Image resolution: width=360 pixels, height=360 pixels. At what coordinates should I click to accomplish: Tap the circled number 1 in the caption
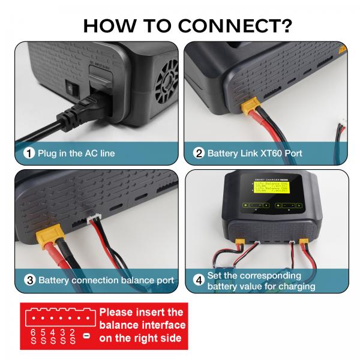coord(29,153)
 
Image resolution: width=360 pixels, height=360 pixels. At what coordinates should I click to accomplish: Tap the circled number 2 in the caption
coord(199,153)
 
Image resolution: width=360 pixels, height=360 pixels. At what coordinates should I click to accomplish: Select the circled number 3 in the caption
coord(29,280)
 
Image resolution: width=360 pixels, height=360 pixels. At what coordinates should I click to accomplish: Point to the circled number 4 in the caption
coord(199,280)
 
